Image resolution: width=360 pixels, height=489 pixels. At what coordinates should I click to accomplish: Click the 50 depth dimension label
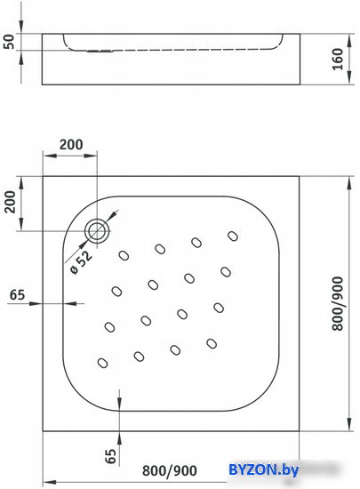pyautogui.click(x=10, y=42)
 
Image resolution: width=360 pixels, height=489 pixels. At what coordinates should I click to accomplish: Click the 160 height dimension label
pyautogui.click(x=338, y=59)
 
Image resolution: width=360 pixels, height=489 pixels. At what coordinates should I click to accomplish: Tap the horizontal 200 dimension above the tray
pyautogui.click(x=71, y=145)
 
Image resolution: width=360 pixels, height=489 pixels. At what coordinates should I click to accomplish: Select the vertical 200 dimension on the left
pyautogui.click(x=11, y=202)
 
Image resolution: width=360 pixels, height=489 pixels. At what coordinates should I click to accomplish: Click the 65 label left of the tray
pyautogui.click(x=17, y=294)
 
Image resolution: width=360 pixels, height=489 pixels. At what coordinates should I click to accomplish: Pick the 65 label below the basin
pyautogui.click(x=110, y=456)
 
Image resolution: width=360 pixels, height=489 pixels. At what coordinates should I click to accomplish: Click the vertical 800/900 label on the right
pyautogui.click(x=338, y=303)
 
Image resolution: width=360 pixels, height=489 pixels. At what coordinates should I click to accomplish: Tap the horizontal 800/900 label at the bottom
pyautogui.click(x=170, y=470)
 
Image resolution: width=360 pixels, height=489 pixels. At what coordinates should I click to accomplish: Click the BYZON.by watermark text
pyautogui.click(x=264, y=469)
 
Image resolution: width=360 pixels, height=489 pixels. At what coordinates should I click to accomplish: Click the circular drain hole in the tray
pyautogui.click(x=97, y=231)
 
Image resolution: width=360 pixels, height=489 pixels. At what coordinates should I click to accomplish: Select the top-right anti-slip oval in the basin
pyautogui.click(x=233, y=236)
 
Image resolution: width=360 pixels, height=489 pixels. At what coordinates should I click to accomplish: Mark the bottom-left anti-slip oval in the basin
pyautogui.click(x=102, y=363)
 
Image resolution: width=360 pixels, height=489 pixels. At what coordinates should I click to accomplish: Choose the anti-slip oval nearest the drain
pyautogui.click(x=124, y=256)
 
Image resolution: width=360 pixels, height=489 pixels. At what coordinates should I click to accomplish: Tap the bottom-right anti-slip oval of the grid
pyautogui.click(x=212, y=343)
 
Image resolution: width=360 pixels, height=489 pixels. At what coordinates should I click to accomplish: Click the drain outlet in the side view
pyautogui.click(x=100, y=51)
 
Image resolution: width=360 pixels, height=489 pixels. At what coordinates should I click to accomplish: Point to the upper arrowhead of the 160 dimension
pyautogui.click(x=349, y=39)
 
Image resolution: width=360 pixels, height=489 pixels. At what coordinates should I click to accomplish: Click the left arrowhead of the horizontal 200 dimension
pyautogui.click(x=49, y=155)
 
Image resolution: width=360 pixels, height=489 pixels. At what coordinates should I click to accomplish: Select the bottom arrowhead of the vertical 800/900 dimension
pyautogui.click(x=349, y=425)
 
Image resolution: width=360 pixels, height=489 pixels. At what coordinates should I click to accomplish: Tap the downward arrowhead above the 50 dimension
pyautogui.click(x=21, y=27)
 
